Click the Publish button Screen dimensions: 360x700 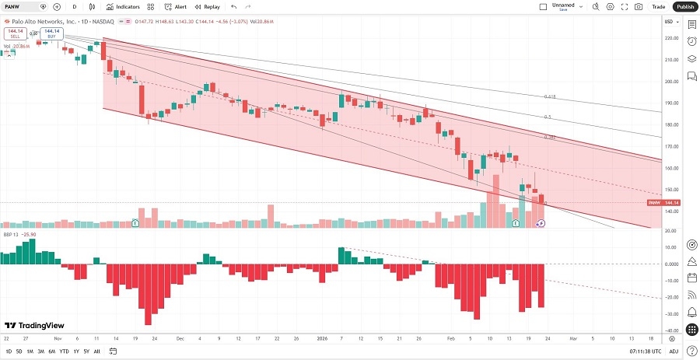684,6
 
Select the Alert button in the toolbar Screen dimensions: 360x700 177,6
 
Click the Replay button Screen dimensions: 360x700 206,6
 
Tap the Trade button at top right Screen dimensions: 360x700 658,6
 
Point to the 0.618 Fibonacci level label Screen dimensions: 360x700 550,96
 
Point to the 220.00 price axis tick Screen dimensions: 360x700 670,38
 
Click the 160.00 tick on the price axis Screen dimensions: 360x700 670,168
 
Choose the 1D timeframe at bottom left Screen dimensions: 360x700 8,351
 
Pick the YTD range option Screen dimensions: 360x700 64,351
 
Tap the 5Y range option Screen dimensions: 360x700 86,351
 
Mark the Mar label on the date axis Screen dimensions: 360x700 573,339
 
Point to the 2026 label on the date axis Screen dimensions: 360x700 321,339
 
